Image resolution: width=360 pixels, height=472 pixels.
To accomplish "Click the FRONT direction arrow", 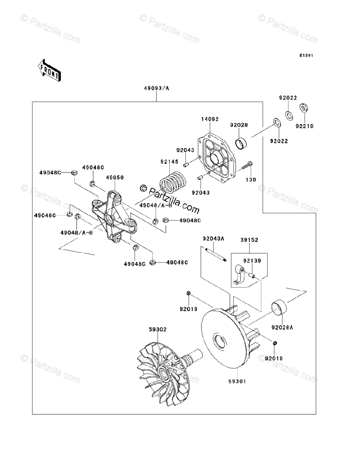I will click(x=49, y=70).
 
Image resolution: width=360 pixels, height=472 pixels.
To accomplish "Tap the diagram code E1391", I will click(x=305, y=55).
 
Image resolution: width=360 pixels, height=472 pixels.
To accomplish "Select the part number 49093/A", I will click(x=156, y=88).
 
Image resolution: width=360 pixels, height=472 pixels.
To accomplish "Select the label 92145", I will click(x=169, y=162).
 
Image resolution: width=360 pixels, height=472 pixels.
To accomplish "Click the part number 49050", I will click(x=115, y=177).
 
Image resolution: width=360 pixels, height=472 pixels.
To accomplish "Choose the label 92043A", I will click(x=213, y=238).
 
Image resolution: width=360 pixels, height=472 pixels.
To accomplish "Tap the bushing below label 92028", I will click(x=241, y=143).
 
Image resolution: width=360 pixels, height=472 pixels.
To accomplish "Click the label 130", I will click(x=251, y=180).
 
